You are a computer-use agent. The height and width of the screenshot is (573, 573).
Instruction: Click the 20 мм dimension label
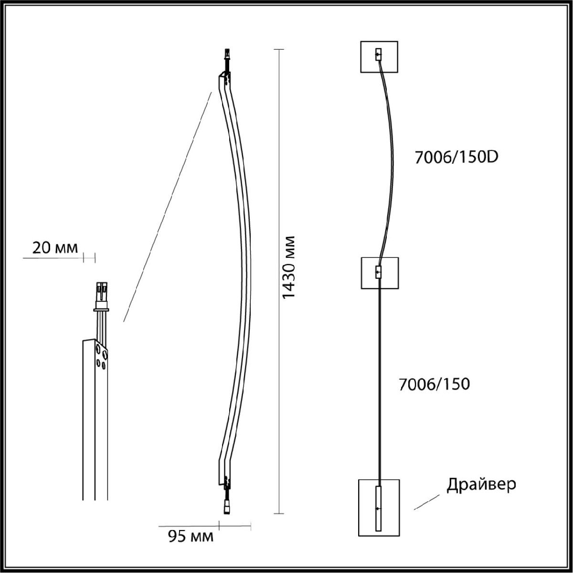55,248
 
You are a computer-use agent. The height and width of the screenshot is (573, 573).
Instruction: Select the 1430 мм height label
288,267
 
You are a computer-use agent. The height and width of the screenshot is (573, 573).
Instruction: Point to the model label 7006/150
434,384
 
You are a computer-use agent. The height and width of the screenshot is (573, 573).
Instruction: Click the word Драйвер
481,484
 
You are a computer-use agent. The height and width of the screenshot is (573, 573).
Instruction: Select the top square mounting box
379,56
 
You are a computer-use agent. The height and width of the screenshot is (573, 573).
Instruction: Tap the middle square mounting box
380,273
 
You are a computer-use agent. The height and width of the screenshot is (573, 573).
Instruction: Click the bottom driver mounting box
379,512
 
